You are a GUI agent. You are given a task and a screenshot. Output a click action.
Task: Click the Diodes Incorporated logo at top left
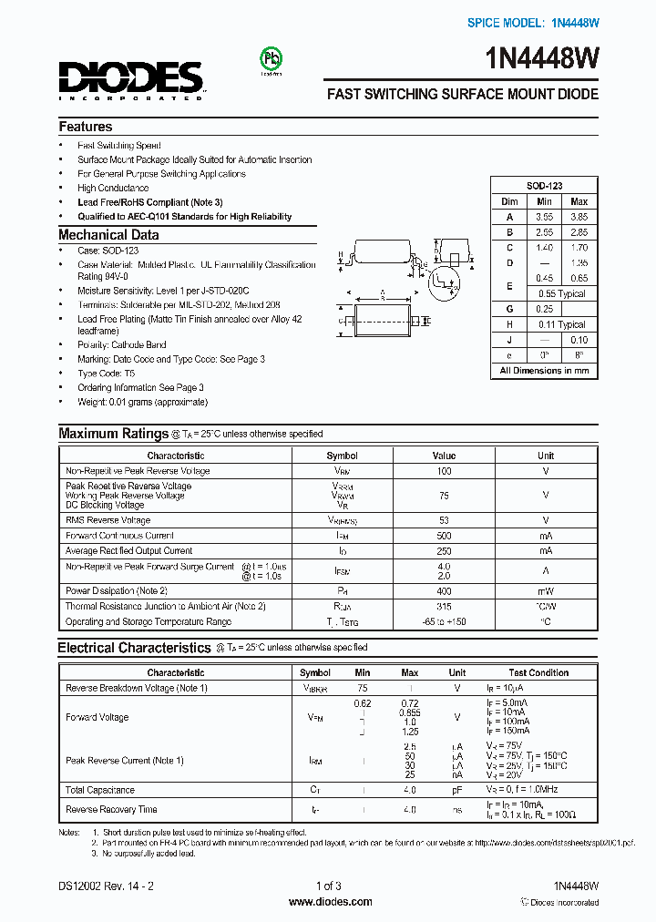[131, 79]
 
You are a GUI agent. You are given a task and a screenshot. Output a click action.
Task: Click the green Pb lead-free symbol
[271, 59]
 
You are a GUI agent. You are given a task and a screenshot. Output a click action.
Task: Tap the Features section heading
[86, 127]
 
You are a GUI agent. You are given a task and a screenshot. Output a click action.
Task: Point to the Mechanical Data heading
[108, 235]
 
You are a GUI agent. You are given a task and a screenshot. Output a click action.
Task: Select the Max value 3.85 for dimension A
[579, 217]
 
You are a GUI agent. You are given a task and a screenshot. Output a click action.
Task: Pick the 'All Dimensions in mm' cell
[544, 371]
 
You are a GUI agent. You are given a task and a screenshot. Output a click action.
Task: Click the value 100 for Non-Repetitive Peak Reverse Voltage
[444, 471]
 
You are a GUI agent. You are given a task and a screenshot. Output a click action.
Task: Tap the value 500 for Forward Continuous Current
[444, 536]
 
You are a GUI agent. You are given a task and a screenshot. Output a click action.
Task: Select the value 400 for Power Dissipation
[444, 590]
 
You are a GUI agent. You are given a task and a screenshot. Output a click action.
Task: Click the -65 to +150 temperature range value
[444, 622]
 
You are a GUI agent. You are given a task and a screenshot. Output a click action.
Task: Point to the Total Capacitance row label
[100, 790]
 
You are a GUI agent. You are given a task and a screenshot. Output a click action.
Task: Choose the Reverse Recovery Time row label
[111, 809]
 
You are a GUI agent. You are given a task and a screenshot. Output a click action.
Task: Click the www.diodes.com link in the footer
[330, 902]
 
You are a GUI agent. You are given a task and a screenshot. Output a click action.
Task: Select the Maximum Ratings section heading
[112, 434]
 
